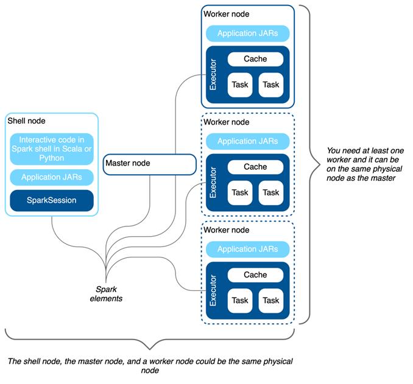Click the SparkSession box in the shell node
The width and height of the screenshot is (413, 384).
tap(51, 200)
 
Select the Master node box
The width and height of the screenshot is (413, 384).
tap(149, 164)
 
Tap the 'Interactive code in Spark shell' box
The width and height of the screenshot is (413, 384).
tap(51, 148)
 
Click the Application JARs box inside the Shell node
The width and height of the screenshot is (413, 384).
tap(51, 177)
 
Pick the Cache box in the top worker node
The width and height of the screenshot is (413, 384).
tap(255, 59)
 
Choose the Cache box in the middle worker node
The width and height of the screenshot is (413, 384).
tap(255, 167)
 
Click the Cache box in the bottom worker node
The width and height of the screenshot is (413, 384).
tap(255, 275)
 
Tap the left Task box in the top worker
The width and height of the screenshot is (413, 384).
tap(240, 85)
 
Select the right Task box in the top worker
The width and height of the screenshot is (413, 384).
tap(271, 85)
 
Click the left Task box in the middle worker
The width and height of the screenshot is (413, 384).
tap(240, 192)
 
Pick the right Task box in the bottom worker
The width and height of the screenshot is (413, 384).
tap(271, 301)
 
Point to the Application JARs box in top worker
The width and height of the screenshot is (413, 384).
tap(247, 33)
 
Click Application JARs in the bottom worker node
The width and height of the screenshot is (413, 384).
tap(247, 249)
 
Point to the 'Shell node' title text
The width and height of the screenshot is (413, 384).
tap(26, 122)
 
